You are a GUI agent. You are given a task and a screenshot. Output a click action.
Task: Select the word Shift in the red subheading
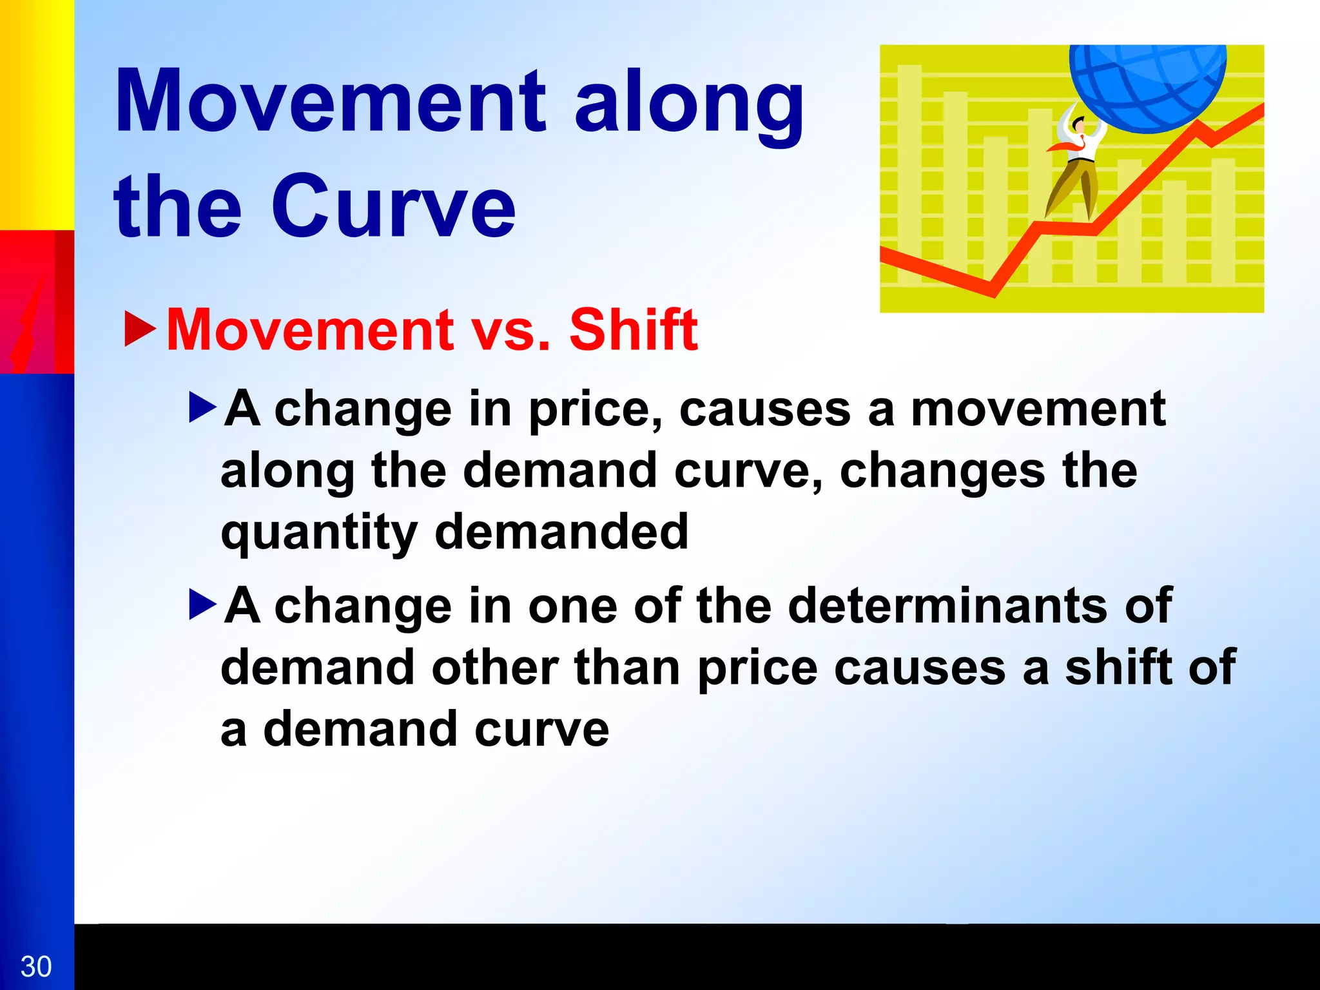point(633,330)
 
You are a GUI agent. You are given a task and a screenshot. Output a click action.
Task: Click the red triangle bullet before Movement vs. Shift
point(140,329)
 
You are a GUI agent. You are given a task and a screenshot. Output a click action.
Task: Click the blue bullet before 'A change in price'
point(202,409)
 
